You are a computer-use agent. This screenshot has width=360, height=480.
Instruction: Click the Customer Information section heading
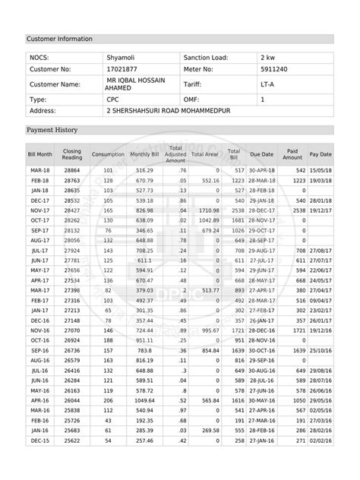60,38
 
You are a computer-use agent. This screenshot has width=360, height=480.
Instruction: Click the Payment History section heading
52,130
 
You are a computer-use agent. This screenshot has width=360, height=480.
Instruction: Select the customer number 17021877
122,69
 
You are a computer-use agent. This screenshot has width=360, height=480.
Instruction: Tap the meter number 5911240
273,69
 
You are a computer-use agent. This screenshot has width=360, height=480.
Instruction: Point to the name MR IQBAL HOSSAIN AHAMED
133,84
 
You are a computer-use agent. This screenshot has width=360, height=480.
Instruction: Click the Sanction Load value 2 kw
268,58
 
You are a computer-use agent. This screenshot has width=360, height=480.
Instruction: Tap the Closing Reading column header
72,153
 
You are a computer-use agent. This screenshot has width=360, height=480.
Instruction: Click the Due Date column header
261,153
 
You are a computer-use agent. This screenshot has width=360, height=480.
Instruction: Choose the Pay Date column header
321,153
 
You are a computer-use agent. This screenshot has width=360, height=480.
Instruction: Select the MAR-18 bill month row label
40,171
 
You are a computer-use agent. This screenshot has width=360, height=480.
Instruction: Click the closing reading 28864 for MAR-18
72,171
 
